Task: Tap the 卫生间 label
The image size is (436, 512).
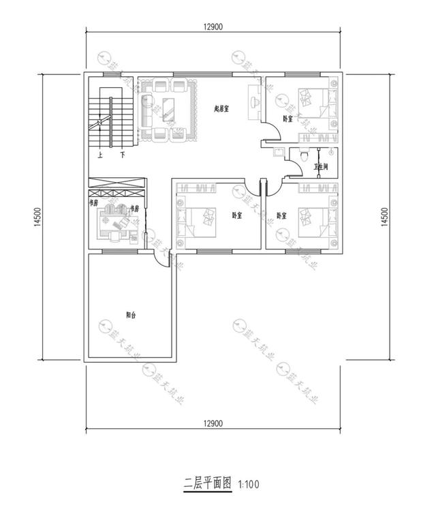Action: point(321,166)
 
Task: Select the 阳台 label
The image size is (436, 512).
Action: point(131,314)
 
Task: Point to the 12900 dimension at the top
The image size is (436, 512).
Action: point(213,27)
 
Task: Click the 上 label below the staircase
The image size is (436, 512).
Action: point(101,155)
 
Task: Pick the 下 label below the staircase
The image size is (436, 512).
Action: point(122,155)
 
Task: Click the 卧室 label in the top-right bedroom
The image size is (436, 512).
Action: point(287,119)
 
